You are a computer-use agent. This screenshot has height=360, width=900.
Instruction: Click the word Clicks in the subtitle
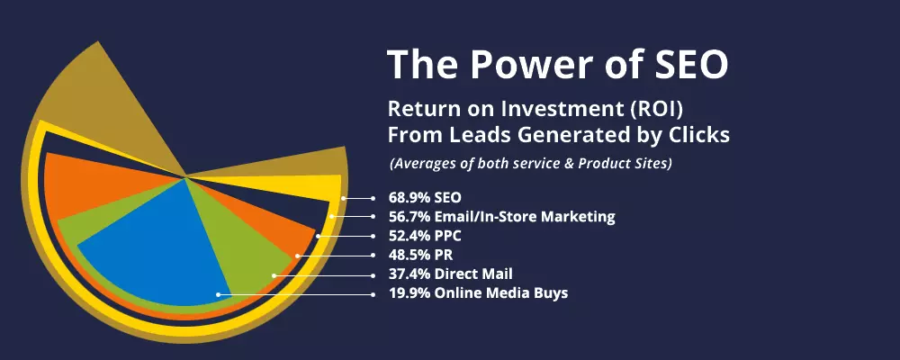point(702,135)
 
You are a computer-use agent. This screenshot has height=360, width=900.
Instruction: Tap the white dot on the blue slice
point(218,293)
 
